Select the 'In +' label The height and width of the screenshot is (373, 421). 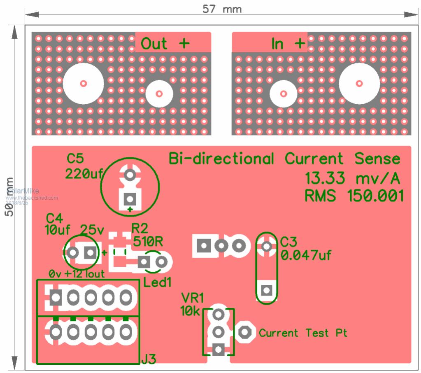coord(288,43)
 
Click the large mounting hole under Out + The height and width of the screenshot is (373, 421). coord(84,83)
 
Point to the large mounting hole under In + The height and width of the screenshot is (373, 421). coord(359,84)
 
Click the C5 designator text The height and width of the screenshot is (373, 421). coord(75,159)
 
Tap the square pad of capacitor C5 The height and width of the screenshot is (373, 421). coord(130,199)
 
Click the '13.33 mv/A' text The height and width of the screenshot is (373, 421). coord(352,179)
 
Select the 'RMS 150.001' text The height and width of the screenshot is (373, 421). coord(354,196)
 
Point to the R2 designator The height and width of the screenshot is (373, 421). coord(140,228)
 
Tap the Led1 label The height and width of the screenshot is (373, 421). coord(157,283)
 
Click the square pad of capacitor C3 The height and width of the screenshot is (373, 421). coord(267,290)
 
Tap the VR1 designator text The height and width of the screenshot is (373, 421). coord(192,298)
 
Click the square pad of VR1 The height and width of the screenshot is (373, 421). coord(218,350)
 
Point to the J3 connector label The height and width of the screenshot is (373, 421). coord(149,359)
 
